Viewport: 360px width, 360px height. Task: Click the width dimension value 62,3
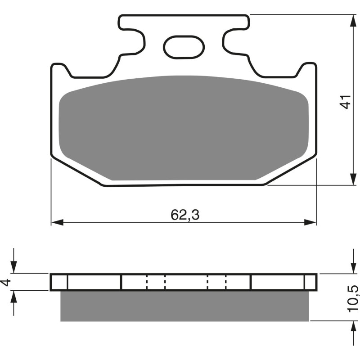coord(184,215)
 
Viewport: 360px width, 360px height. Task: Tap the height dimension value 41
coord(345,102)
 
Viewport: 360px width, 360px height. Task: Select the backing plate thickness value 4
coord(6,282)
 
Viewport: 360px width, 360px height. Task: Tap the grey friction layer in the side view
coord(184,306)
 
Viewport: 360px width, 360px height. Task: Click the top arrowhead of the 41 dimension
coord(351,20)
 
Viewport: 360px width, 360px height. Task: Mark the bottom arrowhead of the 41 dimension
coord(351,179)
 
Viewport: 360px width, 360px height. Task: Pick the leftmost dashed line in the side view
coord(147,282)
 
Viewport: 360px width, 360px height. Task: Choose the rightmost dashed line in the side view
coord(225,282)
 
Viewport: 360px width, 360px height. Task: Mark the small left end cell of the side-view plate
coord(59,282)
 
